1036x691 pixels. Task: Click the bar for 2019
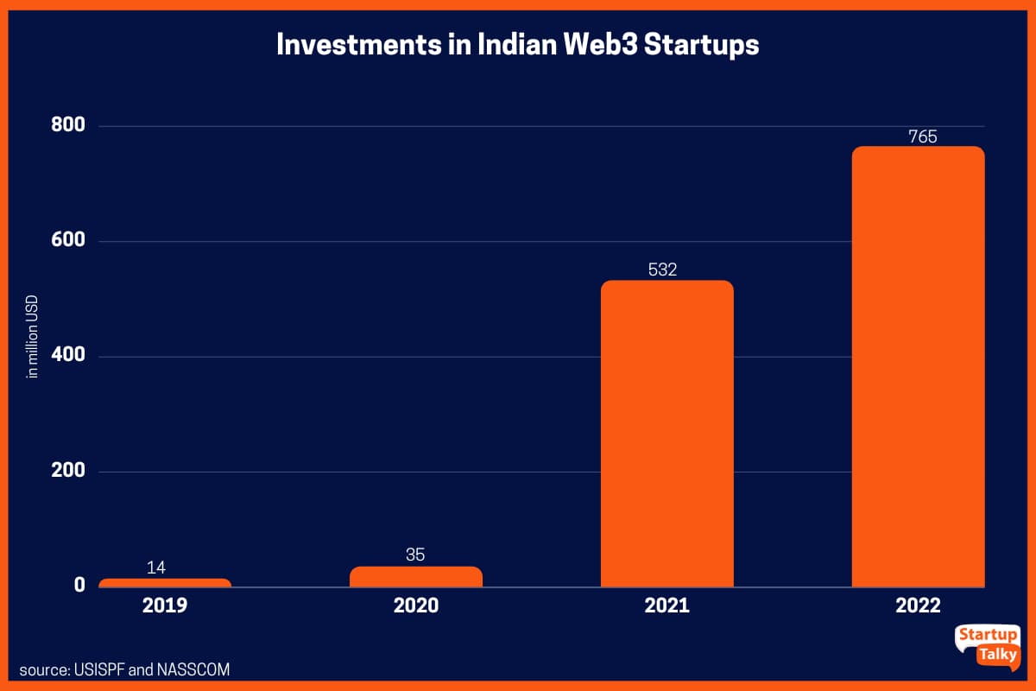[x=164, y=583]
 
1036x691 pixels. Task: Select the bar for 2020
[x=415, y=577]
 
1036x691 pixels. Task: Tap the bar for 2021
[x=666, y=434]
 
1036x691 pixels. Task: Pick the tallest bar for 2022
[x=918, y=366]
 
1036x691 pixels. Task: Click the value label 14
[x=156, y=567]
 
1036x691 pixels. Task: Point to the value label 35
[x=415, y=555]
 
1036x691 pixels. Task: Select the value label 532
[x=662, y=269]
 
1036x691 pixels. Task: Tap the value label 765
[x=922, y=136]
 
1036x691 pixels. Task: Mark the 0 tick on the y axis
[x=79, y=586]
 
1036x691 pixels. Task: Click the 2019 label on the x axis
[x=164, y=605]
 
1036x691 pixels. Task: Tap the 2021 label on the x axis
[x=666, y=605]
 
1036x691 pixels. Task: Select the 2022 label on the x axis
[x=918, y=605]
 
